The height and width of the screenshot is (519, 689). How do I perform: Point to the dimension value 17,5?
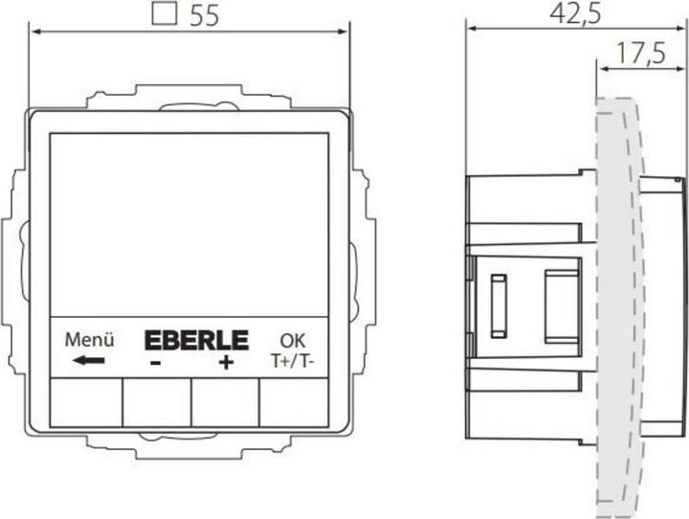tap(640, 54)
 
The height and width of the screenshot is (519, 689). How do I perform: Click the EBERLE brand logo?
tap(196, 340)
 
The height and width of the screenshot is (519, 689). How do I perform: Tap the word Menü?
tap(90, 339)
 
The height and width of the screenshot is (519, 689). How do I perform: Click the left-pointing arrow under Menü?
tap(89, 361)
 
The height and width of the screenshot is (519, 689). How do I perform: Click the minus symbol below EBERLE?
tap(155, 364)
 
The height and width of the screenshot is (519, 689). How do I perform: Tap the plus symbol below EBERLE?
tap(226, 363)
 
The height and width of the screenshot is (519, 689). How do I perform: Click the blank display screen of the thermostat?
tap(189, 222)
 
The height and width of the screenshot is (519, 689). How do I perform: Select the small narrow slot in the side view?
tap(498, 305)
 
